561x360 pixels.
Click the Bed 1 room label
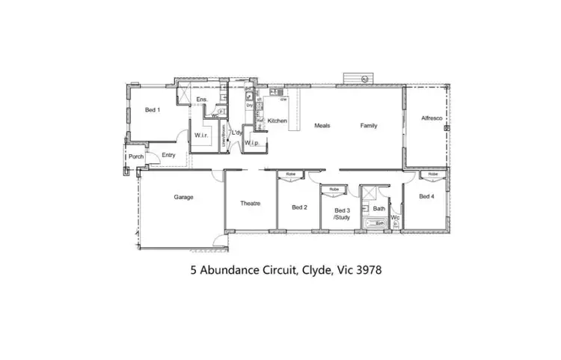[152, 110]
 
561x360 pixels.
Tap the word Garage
[184, 198]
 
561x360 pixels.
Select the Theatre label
[250, 204]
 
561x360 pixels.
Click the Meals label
[322, 126]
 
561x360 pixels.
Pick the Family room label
[369, 126]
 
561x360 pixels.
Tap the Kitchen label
[278, 120]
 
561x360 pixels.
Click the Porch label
[135, 156]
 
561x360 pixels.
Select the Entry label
[168, 155]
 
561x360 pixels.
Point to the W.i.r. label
[200, 135]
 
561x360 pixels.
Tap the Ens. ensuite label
[201, 100]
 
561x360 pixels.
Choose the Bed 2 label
[299, 207]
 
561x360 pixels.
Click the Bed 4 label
[426, 197]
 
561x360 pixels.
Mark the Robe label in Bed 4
[432, 174]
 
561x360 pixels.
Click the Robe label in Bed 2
[290, 174]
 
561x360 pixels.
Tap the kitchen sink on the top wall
[274, 92]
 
